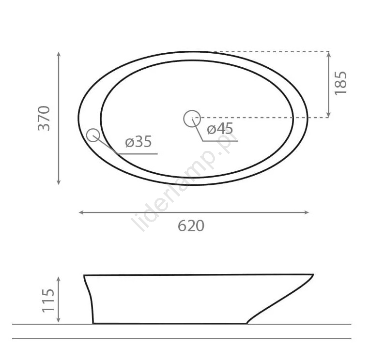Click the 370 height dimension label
click(x=44, y=119)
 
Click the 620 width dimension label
click(x=191, y=226)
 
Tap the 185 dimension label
click(x=341, y=83)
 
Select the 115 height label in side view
click(x=48, y=300)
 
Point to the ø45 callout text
click(x=220, y=129)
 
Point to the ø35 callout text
click(x=139, y=142)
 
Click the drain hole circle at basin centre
click(x=192, y=119)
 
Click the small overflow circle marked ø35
click(x=93, y=135)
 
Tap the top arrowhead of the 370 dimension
click(x=59, y=54)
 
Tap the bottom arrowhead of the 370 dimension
click(x=59, y=182)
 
